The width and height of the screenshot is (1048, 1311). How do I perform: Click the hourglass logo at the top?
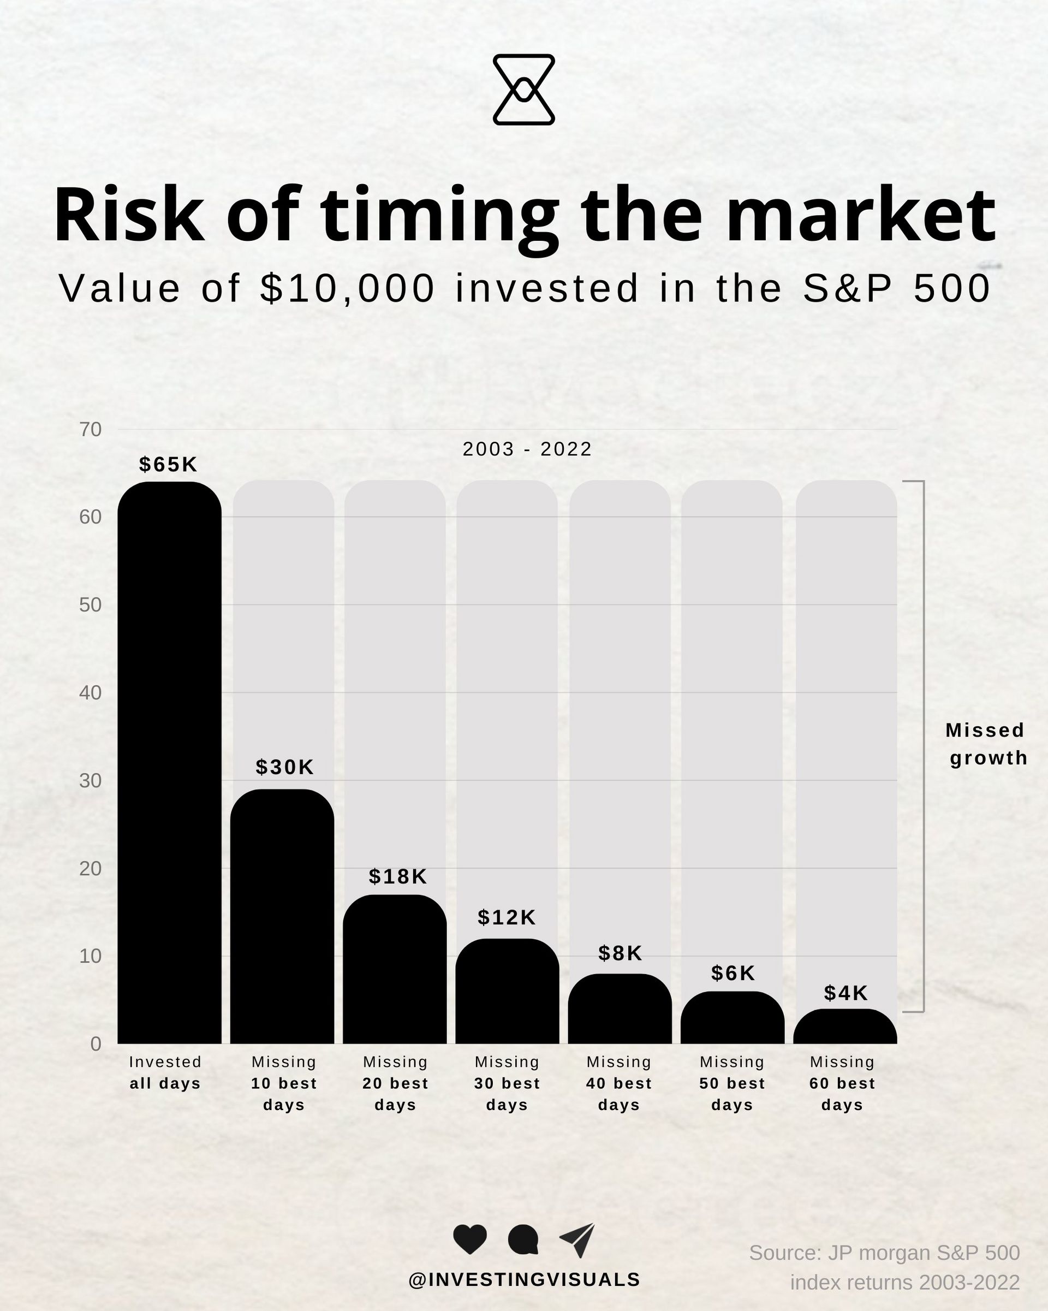pos(523,90)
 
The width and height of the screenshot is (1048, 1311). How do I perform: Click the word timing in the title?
pos(439,217)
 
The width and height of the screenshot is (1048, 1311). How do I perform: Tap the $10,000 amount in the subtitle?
pos(348,288)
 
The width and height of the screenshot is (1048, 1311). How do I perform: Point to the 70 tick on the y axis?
pos(91,429)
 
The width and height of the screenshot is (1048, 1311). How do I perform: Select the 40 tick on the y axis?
pos(91,692)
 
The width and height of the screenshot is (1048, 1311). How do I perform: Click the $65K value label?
pos(168,465)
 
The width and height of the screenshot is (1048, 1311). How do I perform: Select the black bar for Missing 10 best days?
pos(282,916)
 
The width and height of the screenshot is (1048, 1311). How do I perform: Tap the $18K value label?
pos(398,876)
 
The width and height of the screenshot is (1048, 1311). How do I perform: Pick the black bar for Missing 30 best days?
pos(507,991)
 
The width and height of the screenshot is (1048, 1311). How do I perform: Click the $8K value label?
pos(620,953)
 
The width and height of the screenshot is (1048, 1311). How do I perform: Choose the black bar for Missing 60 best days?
pos(845,1027)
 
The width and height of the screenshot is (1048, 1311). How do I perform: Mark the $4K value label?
pos(846,993)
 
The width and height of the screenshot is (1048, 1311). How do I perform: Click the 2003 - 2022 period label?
pos(527,449)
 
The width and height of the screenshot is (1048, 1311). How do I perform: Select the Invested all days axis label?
pos(165,1072)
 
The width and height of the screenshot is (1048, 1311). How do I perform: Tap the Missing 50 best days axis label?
pos(732,1083)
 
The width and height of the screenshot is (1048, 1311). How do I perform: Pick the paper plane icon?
pos(577,1240)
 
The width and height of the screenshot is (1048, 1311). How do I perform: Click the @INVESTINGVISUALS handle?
pos(524,1280)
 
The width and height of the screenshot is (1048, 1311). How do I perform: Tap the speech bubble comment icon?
pos(523,1239)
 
